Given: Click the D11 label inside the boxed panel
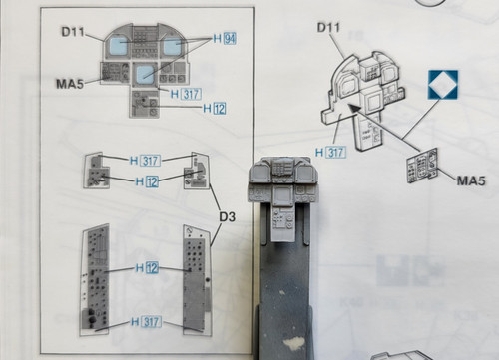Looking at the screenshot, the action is point(73,32).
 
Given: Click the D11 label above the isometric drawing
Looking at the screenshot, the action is point(328,27).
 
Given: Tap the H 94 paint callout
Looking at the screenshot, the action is point(225,39).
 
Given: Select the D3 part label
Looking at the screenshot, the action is point(228,216).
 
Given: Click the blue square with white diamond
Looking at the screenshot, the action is point(443,85).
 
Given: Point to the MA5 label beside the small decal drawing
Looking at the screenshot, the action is point(471,180).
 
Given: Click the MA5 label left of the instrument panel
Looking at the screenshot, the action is point(70,84).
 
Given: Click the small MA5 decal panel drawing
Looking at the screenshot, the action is point(422,166).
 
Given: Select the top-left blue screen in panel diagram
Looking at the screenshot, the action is point(117,45).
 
